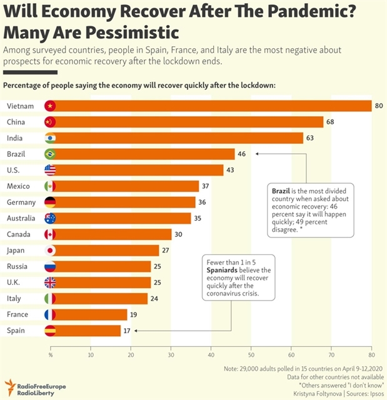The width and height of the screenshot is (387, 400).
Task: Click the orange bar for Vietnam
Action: (x=213, y=106)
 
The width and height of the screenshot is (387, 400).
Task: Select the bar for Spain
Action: (x=88, y=330)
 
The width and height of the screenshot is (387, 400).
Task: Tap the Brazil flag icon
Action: (x=51, y=154)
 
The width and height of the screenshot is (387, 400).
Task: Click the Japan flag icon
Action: (x=51, y=250)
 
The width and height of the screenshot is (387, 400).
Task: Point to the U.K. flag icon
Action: (x=51, y=282)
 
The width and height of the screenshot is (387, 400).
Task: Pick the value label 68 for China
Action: (x=330, y=122)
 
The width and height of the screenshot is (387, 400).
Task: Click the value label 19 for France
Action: (x=134, y=314)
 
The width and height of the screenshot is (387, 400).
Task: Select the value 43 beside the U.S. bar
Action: (x=230, y=170)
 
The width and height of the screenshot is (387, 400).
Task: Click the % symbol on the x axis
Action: (x=51, y=354)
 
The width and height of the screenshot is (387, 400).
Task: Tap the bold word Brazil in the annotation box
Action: (x=281, y=189)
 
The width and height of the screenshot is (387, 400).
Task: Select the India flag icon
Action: (x=51, y=138)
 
